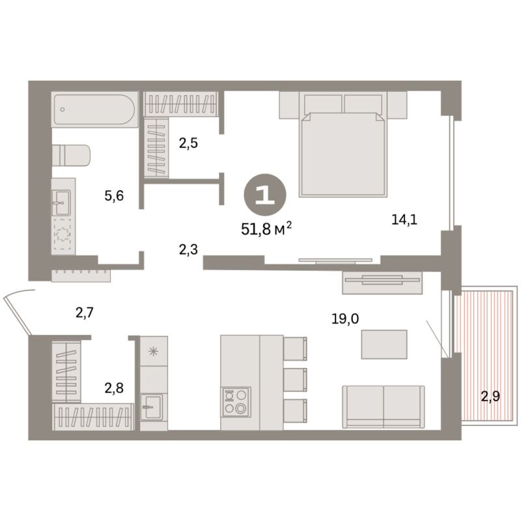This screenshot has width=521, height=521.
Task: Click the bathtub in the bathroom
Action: point(94,109)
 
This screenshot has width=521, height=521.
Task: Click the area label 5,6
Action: point(114,195)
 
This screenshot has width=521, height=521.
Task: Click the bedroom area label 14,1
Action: point(404,219)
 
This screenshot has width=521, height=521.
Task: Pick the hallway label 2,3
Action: point(190,248)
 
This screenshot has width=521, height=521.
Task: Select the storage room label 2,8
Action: point(115,389)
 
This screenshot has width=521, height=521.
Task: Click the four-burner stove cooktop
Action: point(235,402)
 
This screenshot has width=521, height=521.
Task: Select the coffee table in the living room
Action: point(384,344)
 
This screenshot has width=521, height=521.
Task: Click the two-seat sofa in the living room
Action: point(383,406)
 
